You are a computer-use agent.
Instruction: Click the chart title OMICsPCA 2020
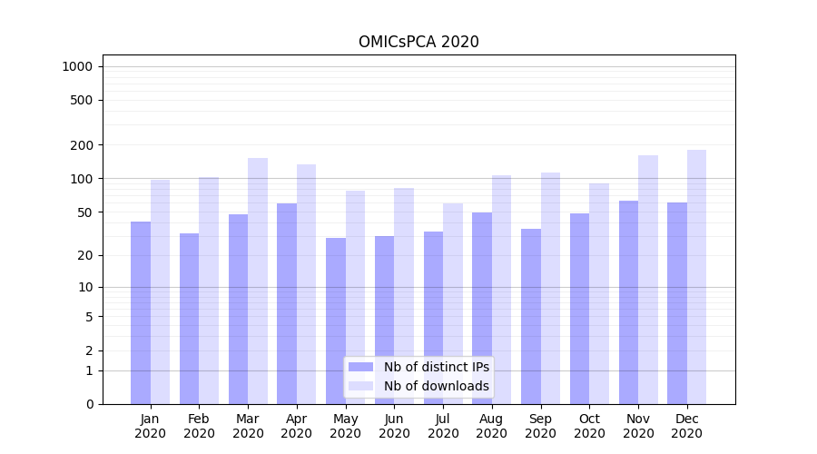(x=418, y=42)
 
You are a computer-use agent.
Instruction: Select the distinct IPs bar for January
(x=141, y=312)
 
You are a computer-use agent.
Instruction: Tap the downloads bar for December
(x=696, y=277)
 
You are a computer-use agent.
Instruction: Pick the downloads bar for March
(x=258, y=281)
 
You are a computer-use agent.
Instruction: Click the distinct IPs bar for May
(x=336, y=321)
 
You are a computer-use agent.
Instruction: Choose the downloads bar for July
(x=453, y=303)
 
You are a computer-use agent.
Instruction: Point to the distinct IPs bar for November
(x=628, y=302)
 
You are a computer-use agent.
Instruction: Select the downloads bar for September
(x=550, y=288)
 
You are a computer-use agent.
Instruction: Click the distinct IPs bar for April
(x=287, y=303)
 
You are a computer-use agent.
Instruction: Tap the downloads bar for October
(x=599, y=293)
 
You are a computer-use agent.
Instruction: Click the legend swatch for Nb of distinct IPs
(x=360, y=367)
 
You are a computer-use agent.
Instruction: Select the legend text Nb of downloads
(x=436, y=386)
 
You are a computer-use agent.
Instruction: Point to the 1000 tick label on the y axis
(x=77, y=66)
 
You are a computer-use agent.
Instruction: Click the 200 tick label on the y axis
(x=81, y=145)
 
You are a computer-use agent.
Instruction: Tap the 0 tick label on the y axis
(x=89, y=404)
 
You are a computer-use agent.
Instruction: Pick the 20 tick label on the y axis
(x=84, y=255)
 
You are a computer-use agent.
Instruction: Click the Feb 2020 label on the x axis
(x=199, y=426)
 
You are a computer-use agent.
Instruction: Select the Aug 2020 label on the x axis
(x=492, y=426)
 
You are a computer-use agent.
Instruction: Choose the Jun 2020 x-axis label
(x=394, y=426)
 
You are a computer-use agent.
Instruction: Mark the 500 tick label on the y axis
(x=81, y=100)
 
